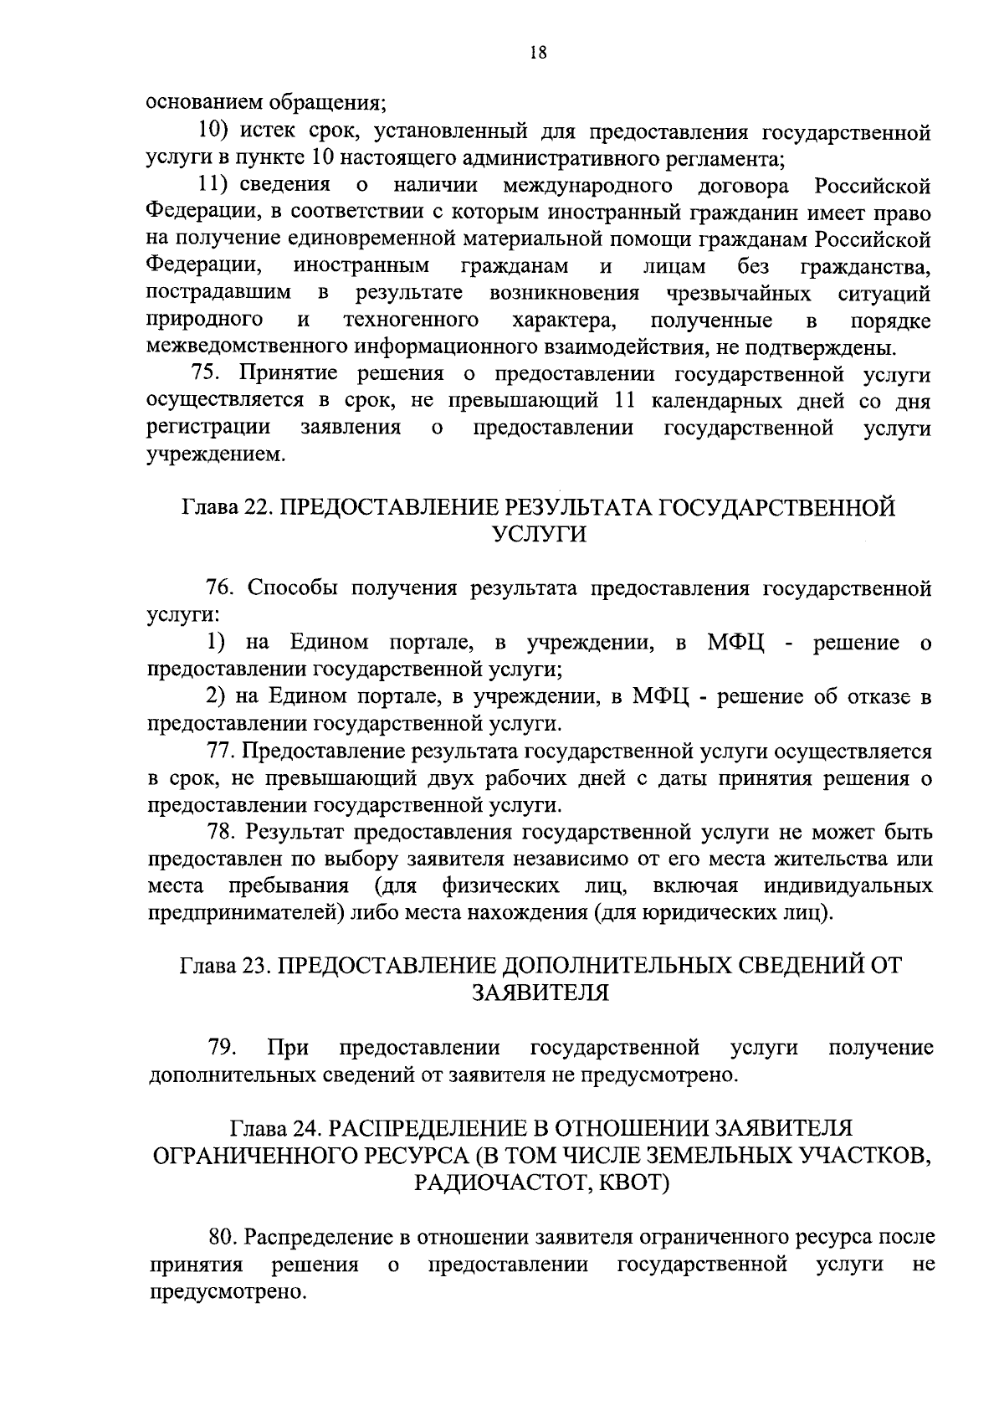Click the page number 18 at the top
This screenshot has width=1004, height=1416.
(538, 53)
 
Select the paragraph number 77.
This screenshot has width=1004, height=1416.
(221, 751)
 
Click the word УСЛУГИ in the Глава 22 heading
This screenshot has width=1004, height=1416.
(537, 534)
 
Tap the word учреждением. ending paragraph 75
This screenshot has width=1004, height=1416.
(215, 455)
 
